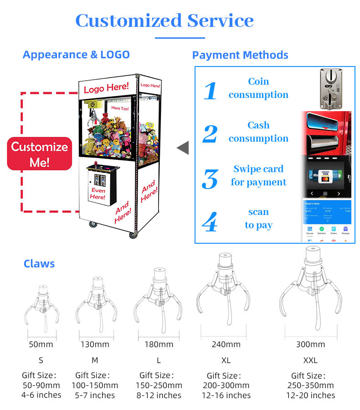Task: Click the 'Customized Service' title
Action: (x=164, y=21)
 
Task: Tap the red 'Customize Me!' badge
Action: (x=40, y=154)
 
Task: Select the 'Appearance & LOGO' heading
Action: (x=76, y=55)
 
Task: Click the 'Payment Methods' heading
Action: (x=240, y=56)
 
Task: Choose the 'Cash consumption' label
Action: (x=258, y=132)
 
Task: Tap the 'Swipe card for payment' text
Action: (x=258, y=175)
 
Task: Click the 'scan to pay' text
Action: (x=258, y=219)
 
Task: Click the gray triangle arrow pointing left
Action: (x=183, y=148)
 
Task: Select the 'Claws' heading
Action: (x=39, y=264)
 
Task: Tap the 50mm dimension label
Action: (x=41, y=344)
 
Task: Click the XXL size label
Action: (x=310, y=360)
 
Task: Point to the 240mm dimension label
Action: (x=226, y=344)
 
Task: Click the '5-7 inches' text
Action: (x=95, y=395)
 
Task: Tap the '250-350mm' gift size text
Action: (x=310, y=385)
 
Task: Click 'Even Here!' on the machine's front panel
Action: (x=98, y=194)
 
